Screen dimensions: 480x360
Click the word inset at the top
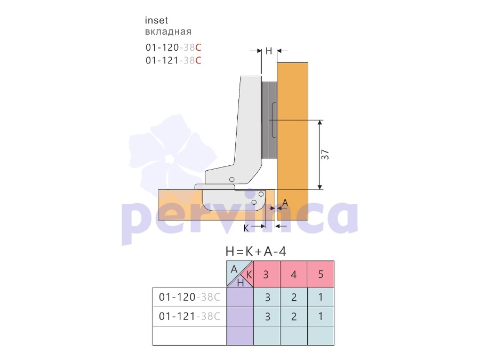[156, 20]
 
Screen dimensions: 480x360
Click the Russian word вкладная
[168, 31]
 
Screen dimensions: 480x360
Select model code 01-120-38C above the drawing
[173, 47]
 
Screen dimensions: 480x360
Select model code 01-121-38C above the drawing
[173, 60]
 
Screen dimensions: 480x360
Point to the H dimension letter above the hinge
[269, 51]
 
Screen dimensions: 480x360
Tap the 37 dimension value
[325, 155]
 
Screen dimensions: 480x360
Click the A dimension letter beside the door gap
[285, 202]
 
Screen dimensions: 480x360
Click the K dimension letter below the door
[246, 228]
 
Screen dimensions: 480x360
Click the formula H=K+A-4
[256, 252]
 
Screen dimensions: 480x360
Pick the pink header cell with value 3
[267, 274]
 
